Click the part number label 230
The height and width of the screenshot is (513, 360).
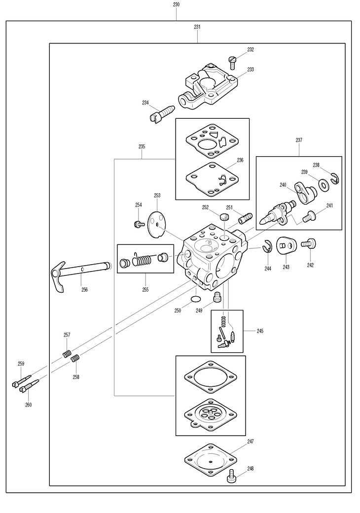(x=176, y=4)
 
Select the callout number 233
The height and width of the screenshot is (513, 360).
(x=251, y=69)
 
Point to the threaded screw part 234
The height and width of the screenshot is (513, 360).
(x=161, y=113)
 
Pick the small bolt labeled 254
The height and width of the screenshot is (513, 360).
(x=138, y=224)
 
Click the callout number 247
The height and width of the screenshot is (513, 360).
(x=251, y=442)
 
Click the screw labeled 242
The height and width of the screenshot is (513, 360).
(x=310, y=242)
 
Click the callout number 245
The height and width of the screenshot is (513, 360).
(x=260, y=331)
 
